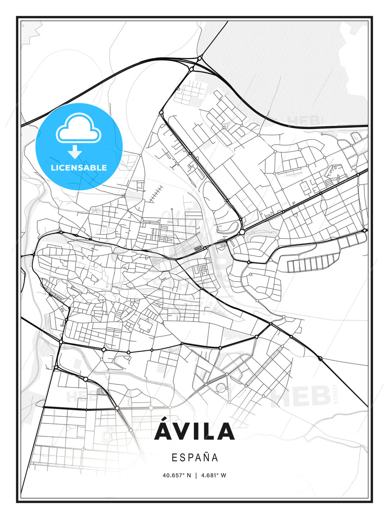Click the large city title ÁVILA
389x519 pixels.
coord(194,432)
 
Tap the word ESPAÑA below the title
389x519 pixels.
coord(195,458)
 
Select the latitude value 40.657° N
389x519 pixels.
coord(177,475)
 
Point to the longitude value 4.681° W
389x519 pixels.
coord(214,475)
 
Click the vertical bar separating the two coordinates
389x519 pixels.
coord(196,475)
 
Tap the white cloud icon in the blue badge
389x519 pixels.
coord(78,128)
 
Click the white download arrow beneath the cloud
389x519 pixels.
coord(75,152)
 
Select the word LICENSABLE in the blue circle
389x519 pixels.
coord(79,168)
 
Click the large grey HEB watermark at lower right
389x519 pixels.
coord(301,396)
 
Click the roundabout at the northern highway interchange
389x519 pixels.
coord(200,58)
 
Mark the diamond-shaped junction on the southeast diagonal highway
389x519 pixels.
coord(320,358)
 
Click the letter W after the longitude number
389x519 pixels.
coord(224,475)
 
